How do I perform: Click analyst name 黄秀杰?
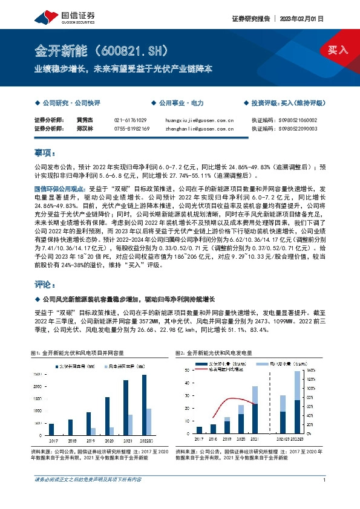click(85, 120)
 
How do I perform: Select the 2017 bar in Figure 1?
click(51, 429)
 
